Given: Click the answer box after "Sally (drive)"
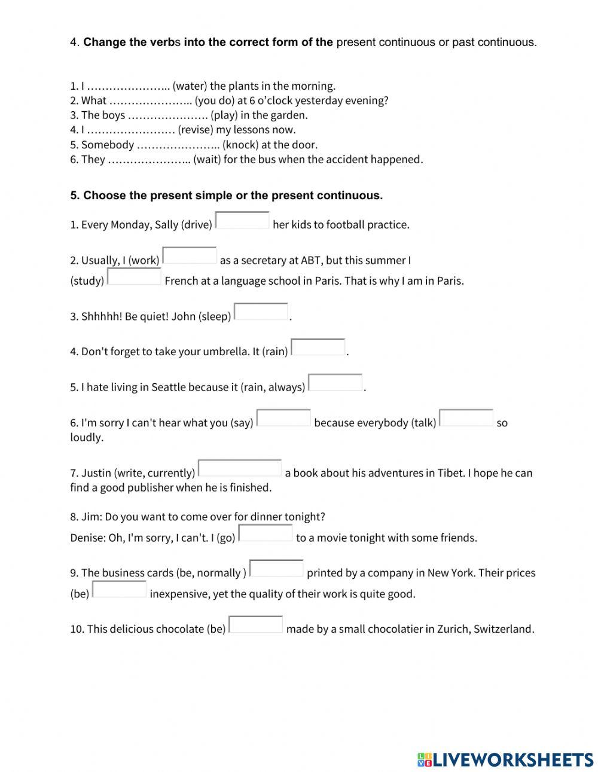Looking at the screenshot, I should tap(242, 221).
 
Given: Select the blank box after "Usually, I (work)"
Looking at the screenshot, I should tap(190, 256).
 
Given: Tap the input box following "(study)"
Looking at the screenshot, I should tap(134, 277).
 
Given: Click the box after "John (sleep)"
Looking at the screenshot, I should tap(261, 312).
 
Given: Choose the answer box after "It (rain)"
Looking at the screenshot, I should tap(318, 347).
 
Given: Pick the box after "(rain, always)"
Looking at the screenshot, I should tap(335, 383).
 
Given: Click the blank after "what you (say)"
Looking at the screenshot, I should tap(283, 418).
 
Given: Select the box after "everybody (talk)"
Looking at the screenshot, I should tap(466, 418).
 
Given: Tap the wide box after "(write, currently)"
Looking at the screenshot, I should tap(240, 468).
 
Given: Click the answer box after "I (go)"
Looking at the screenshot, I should tap(266, 533).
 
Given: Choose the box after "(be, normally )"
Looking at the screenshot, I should tap(276, 568).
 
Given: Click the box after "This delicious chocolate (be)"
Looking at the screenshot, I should tap(256, 625).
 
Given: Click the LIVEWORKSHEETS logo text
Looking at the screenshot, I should tap(512, 759).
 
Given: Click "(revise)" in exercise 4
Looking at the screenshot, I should tap(195, 130).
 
